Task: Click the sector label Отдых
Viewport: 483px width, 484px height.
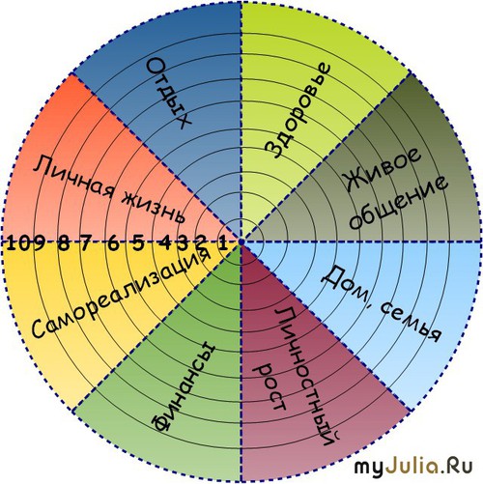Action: (x=169, y=94)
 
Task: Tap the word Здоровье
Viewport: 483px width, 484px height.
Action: (x=298, y=110)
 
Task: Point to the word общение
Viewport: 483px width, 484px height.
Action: (x=399, y=203)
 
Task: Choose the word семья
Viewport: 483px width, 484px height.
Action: (x=411, y=323)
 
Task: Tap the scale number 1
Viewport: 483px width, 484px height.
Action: (x=222, y=243)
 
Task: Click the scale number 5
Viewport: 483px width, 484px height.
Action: (x=138, y=243)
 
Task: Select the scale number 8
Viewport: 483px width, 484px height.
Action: (x=63, y=243)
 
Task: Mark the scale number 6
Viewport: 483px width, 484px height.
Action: (x=113, y=243)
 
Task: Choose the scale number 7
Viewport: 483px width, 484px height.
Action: (x=86, y=243)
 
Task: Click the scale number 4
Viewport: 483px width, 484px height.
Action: (x=167, y=243)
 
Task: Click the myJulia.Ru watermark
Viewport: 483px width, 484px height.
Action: (x=413, y=466)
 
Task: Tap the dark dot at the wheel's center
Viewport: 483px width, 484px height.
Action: (x=241, y=242)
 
